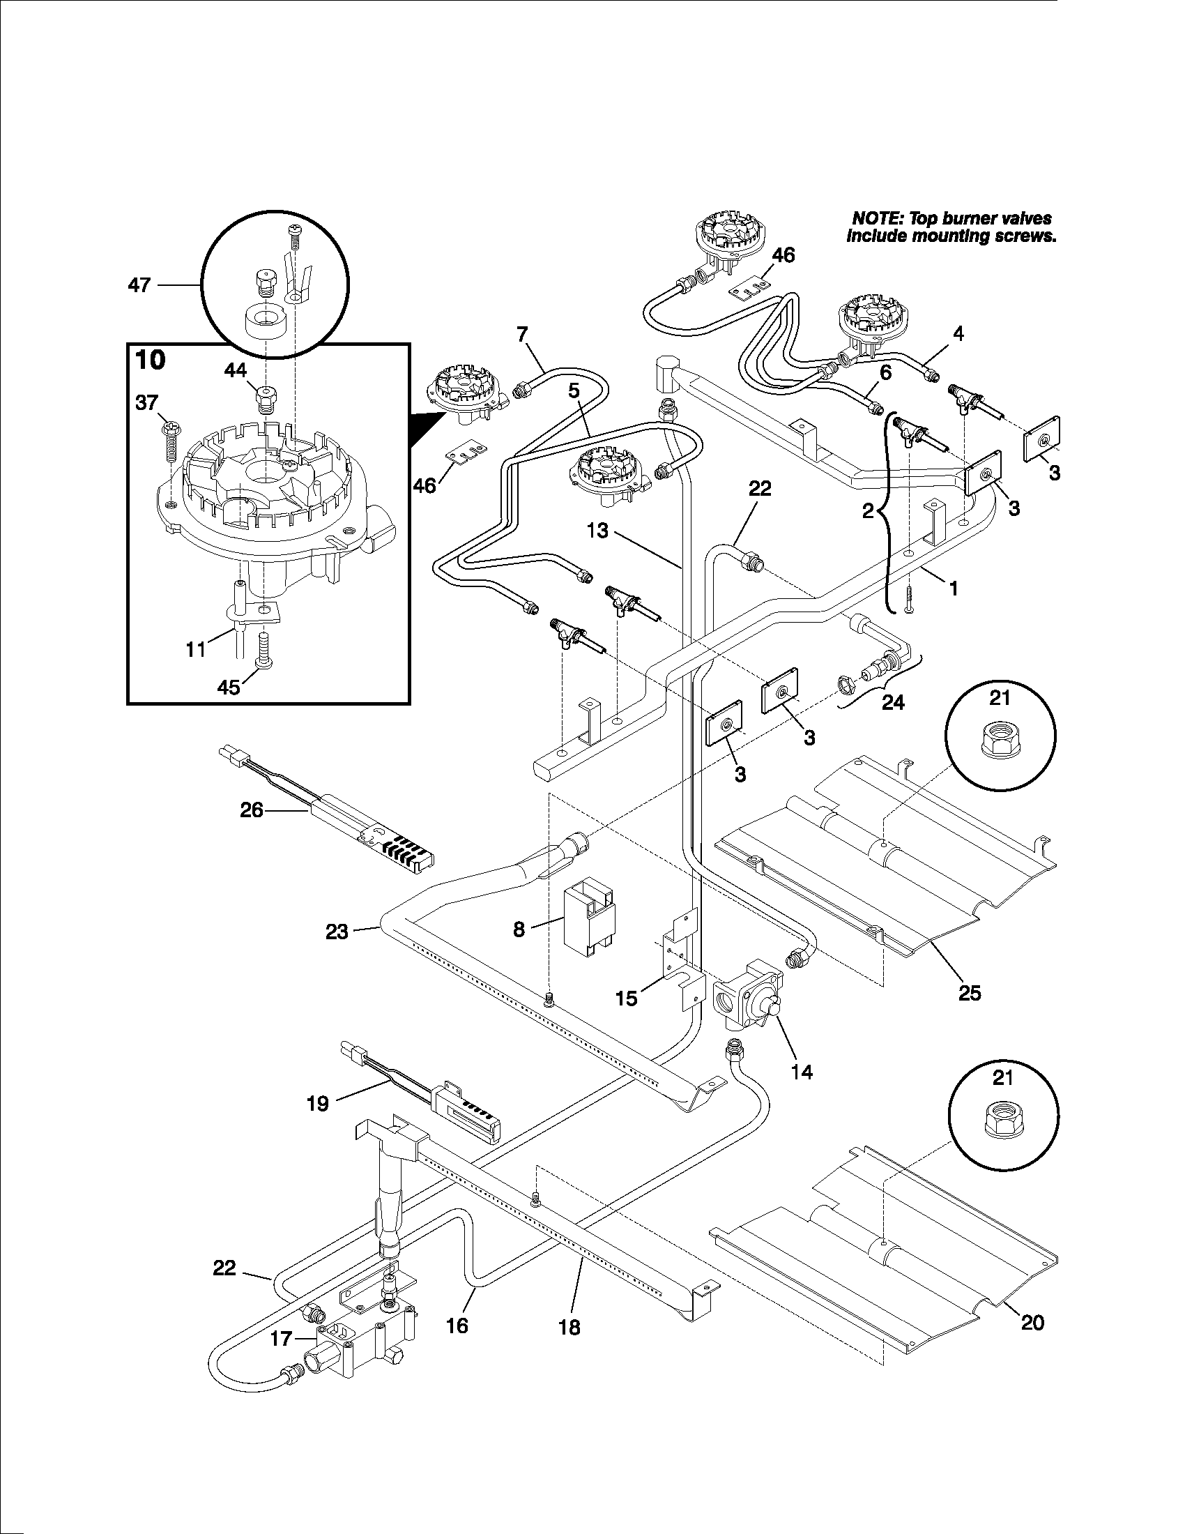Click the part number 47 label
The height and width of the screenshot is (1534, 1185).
point(139,285)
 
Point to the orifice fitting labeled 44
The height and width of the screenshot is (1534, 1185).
point(266,399)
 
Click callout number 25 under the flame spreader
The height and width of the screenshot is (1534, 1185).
point(969,992)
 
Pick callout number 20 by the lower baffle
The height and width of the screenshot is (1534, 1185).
point(1032,1323)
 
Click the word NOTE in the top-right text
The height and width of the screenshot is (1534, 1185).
point(873,219)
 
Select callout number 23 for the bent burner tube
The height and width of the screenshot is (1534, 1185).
point(337,932)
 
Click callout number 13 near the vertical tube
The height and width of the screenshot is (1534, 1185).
point(598,531)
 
